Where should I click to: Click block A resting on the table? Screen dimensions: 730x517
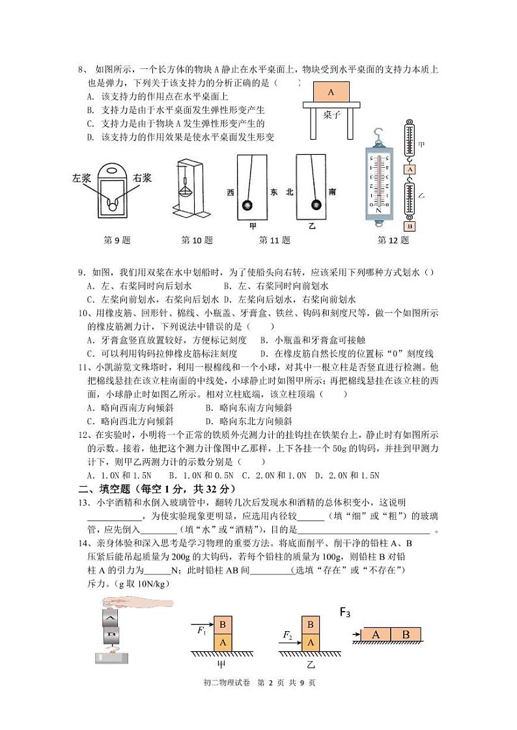tap(330, 92)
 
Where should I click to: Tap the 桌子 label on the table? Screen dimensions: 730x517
tap(331, 115)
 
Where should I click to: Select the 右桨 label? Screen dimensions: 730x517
tap(142, 178)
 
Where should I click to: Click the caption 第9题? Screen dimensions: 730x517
tap(117, 240)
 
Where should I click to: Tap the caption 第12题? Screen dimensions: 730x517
tap(393, 240)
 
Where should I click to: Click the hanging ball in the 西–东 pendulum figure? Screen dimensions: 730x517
tap(247, 206)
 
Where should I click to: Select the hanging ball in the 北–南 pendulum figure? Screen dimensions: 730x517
tap(315, 205)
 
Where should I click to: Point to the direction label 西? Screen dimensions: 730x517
tap(230, 193)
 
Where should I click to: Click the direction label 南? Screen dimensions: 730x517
tap(333, 192)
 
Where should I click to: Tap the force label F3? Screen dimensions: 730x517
tap(345, 612)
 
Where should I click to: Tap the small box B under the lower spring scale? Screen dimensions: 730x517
tap(410, 226)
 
